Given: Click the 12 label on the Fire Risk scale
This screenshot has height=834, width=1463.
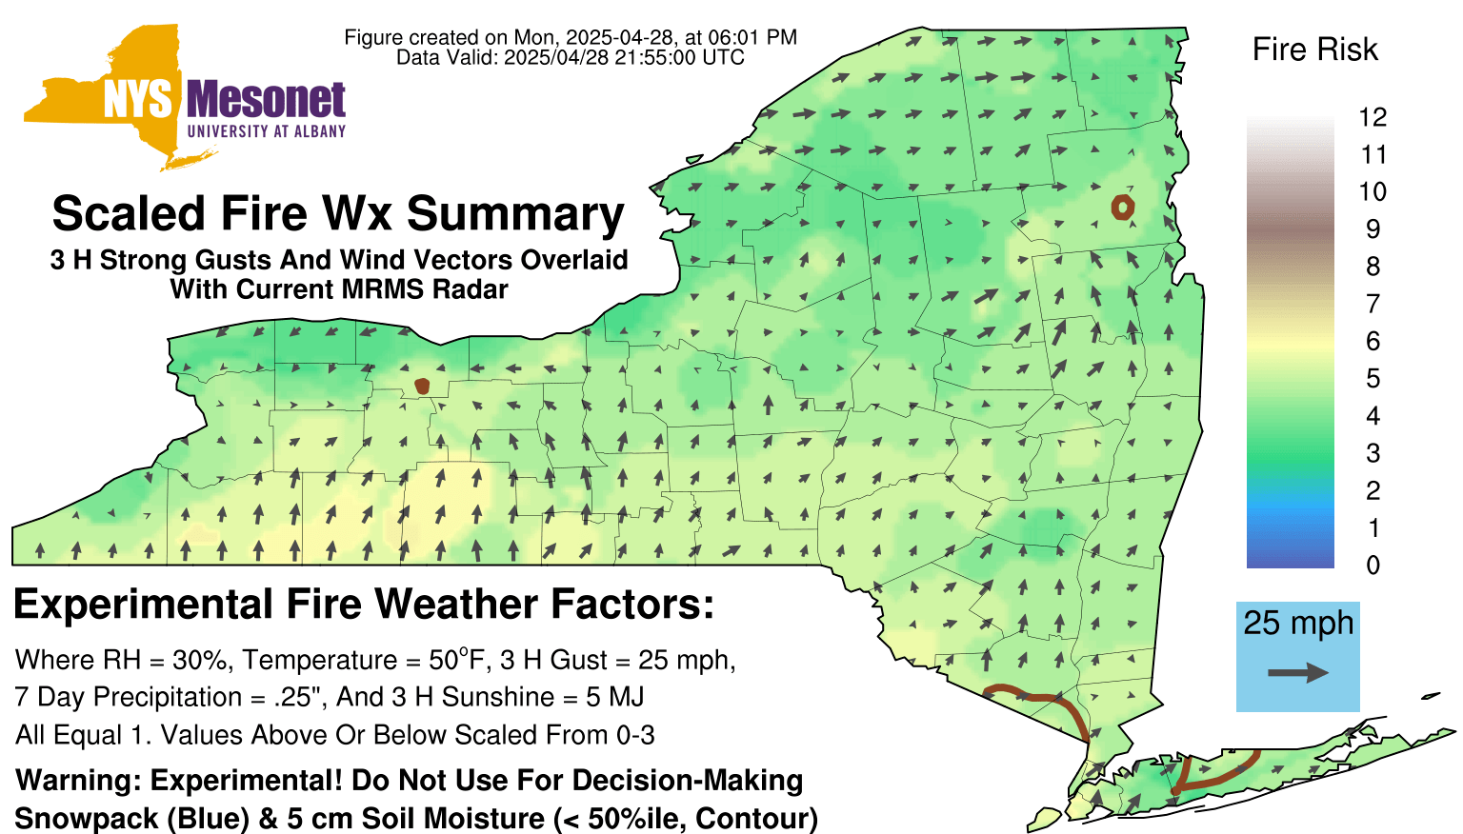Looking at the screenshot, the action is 1373,117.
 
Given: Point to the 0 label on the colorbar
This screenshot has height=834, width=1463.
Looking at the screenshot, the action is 1373,566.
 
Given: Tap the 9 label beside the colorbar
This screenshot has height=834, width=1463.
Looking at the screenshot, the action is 1373,229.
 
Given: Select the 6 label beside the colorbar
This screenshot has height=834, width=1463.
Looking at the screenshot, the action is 1373,341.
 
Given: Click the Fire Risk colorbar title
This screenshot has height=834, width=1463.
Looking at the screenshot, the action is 1314,50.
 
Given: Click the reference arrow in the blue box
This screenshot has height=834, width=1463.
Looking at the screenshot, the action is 1298,673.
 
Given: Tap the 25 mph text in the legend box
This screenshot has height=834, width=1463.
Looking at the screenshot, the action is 1298,624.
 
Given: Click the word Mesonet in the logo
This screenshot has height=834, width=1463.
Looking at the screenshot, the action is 266,100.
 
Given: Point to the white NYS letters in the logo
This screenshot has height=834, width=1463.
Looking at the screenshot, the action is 138,100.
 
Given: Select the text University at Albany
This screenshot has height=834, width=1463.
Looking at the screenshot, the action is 267,131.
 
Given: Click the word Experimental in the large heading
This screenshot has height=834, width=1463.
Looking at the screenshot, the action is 143,605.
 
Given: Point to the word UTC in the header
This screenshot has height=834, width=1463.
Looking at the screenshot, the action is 723,57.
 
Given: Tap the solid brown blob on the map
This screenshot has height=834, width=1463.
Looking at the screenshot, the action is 423,387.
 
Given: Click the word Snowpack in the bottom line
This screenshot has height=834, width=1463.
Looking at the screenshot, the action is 87,819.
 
